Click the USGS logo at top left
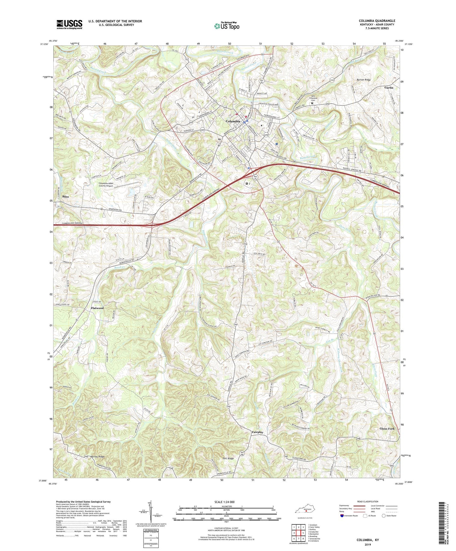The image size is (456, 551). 69,24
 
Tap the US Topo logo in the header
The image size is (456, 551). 227,26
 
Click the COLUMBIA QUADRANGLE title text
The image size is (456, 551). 377,21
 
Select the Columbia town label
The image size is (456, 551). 233,121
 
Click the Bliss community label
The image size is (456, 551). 66,197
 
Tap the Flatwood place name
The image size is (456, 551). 97,308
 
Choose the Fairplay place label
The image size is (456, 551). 258,432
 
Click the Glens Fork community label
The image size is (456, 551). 387,429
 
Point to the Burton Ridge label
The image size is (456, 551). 364,80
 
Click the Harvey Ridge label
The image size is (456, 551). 97,457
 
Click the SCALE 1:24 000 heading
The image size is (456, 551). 224,502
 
